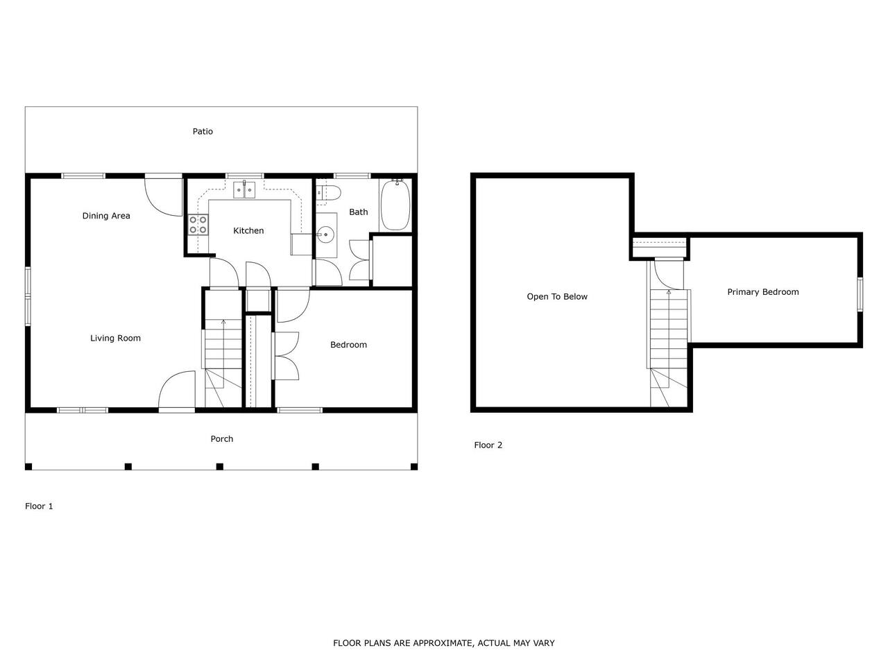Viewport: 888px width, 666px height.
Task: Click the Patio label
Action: tap(203, 131)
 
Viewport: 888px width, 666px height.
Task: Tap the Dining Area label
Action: tap(106, 216)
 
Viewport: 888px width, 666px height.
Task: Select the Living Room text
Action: tap(115, 338)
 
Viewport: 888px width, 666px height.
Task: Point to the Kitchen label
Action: tap(248, 230)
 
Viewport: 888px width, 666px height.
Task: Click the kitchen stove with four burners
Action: tap(198, 225)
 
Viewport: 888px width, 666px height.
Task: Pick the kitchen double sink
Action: tap(244, 189)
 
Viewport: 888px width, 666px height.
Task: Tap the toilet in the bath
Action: tap(328, 193)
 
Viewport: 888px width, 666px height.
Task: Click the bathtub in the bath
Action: tap(395, 205)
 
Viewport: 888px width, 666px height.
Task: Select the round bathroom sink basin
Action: tap(325, 234)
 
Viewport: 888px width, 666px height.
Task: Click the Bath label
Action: tap(359, 212)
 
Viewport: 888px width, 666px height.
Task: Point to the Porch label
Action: tap(222, 438)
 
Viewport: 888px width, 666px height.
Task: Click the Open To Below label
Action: tap(556, 296)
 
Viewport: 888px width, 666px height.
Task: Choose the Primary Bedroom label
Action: tap(762, 292)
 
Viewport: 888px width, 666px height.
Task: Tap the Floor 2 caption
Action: tap(488, 445)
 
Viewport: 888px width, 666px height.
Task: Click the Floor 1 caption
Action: tap(39, 506)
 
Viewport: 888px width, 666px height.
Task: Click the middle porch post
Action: tap(220, 466)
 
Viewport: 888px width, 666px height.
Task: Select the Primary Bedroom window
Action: tap(860, 294)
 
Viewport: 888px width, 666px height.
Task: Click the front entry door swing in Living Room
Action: tap(176, 389)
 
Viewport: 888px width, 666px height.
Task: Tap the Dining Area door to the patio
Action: tap(164, 196)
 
